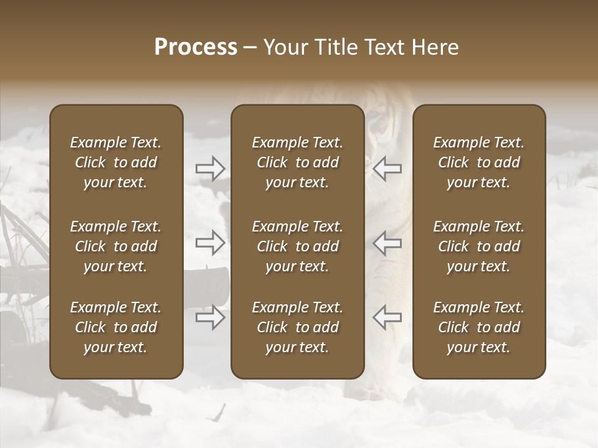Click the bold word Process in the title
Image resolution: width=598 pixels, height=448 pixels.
click(x=196, y=47)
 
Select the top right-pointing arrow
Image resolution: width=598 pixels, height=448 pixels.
click(x=211, y=168)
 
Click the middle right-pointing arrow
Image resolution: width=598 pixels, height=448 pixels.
click(x=211, y=243)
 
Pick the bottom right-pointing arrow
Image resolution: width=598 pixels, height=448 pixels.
click(x=211, y=317)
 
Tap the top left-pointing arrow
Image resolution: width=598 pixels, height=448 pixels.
click(x=387, y=168)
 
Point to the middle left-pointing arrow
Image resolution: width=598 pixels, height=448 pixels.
click(x=387, y=243)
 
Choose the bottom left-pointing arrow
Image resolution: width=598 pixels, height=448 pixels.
click(x=387, y=317)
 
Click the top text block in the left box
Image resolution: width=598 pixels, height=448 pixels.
click(x=116, y=162)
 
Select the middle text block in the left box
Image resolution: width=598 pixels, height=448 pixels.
click(x=116, y=246)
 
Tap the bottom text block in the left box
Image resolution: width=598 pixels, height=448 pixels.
click(x=116, y=327)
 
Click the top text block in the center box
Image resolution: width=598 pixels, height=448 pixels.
click(x=298, y=162)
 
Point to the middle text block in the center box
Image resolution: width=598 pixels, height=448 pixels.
click(x=298, y=246)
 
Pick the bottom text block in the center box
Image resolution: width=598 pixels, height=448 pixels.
click(x=298, y=327)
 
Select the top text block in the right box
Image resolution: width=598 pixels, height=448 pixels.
click(x=479, y=162)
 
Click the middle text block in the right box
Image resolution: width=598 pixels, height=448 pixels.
click(x=479, y=246)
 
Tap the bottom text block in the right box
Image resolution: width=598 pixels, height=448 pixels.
click(x=479, y=327)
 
